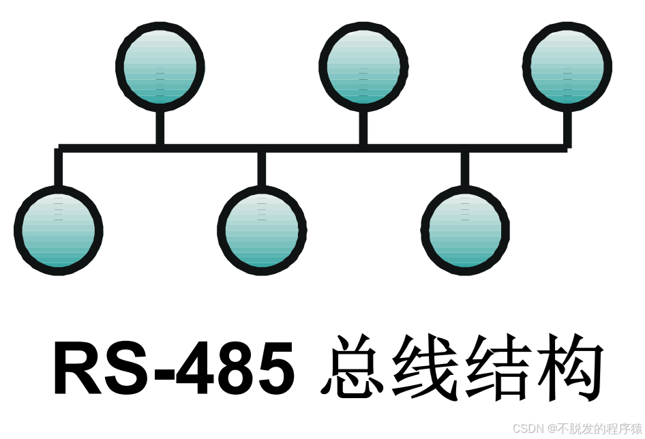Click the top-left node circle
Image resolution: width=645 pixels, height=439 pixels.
click(160, 67)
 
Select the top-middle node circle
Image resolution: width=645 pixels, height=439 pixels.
click(363, 67)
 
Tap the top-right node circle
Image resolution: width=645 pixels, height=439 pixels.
click(567, 67)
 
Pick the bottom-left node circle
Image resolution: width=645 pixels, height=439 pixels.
click(58, 230)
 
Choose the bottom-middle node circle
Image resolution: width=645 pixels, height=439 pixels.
click(262, 230)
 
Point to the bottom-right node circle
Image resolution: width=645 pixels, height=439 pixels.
click(465, 230)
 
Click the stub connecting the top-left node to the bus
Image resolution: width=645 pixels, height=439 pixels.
click(160, 127)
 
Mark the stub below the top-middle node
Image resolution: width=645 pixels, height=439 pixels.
click(363, 127)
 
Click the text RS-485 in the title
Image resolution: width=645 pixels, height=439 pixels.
click(174, 369)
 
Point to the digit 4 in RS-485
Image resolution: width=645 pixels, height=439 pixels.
click(204, 369)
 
